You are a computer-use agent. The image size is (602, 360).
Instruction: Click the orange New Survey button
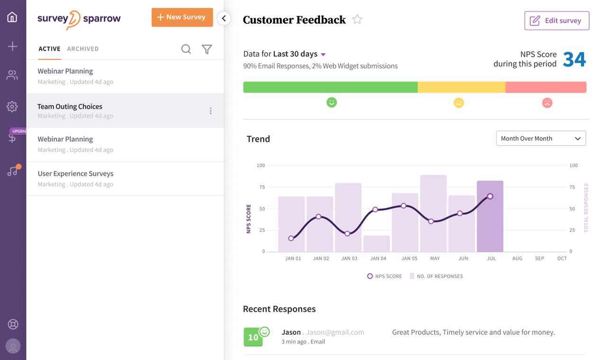(x=182, y=18)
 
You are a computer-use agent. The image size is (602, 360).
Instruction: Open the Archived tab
(x=83, y=49)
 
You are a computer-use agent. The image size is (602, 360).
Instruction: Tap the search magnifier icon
(x=186, y=49)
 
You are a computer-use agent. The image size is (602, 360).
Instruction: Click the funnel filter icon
(x=207, y=49)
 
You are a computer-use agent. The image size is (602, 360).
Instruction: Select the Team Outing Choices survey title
(x=70, y=107)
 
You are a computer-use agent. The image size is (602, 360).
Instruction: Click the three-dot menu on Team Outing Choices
(x=210, y=111)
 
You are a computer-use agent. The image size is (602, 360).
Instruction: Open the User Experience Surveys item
(x=75, y=174)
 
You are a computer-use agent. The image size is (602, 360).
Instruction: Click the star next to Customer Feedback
(x=357, y=19)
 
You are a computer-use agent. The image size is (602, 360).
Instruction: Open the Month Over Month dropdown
(x=540, y=138)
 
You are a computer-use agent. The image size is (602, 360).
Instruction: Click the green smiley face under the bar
(x=332, y=102)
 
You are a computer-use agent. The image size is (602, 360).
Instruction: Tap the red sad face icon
(x=547, y=103)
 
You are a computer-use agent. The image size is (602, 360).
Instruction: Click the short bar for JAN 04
(x=376, y=243)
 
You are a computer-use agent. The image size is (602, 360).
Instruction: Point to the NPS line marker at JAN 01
(x=291, y=238)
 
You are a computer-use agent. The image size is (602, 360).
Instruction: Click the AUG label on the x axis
(x=517, y=259)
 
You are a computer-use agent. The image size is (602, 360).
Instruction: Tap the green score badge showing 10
(x=253, y=337)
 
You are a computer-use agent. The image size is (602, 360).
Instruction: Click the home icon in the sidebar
(x=12, y=18)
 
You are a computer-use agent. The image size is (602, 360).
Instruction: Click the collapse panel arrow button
(x=224, y=18)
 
